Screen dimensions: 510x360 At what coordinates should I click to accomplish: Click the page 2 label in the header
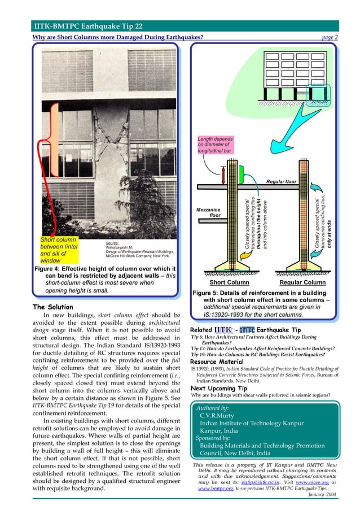click(x=327, y=37)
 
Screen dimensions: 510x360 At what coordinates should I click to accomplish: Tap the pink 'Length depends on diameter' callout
click(x=218, y=145)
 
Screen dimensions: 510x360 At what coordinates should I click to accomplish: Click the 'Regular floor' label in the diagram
click(x=280, y=181)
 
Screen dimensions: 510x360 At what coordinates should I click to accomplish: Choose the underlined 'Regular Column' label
click(x=302, y=282)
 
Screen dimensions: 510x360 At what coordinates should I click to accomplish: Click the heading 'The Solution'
click(x=52, y=307)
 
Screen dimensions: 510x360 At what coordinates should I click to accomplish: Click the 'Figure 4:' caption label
click(x=51, y=269)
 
